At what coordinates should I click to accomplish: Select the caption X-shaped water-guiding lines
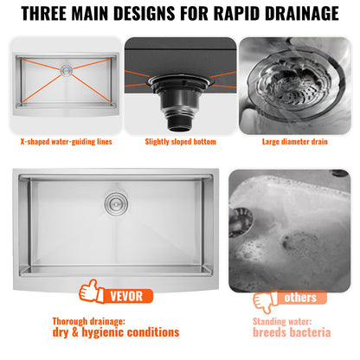[67, 141]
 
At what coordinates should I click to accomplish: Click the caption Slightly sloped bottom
[180, 141]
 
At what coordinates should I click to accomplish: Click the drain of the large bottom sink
[113, 204]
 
